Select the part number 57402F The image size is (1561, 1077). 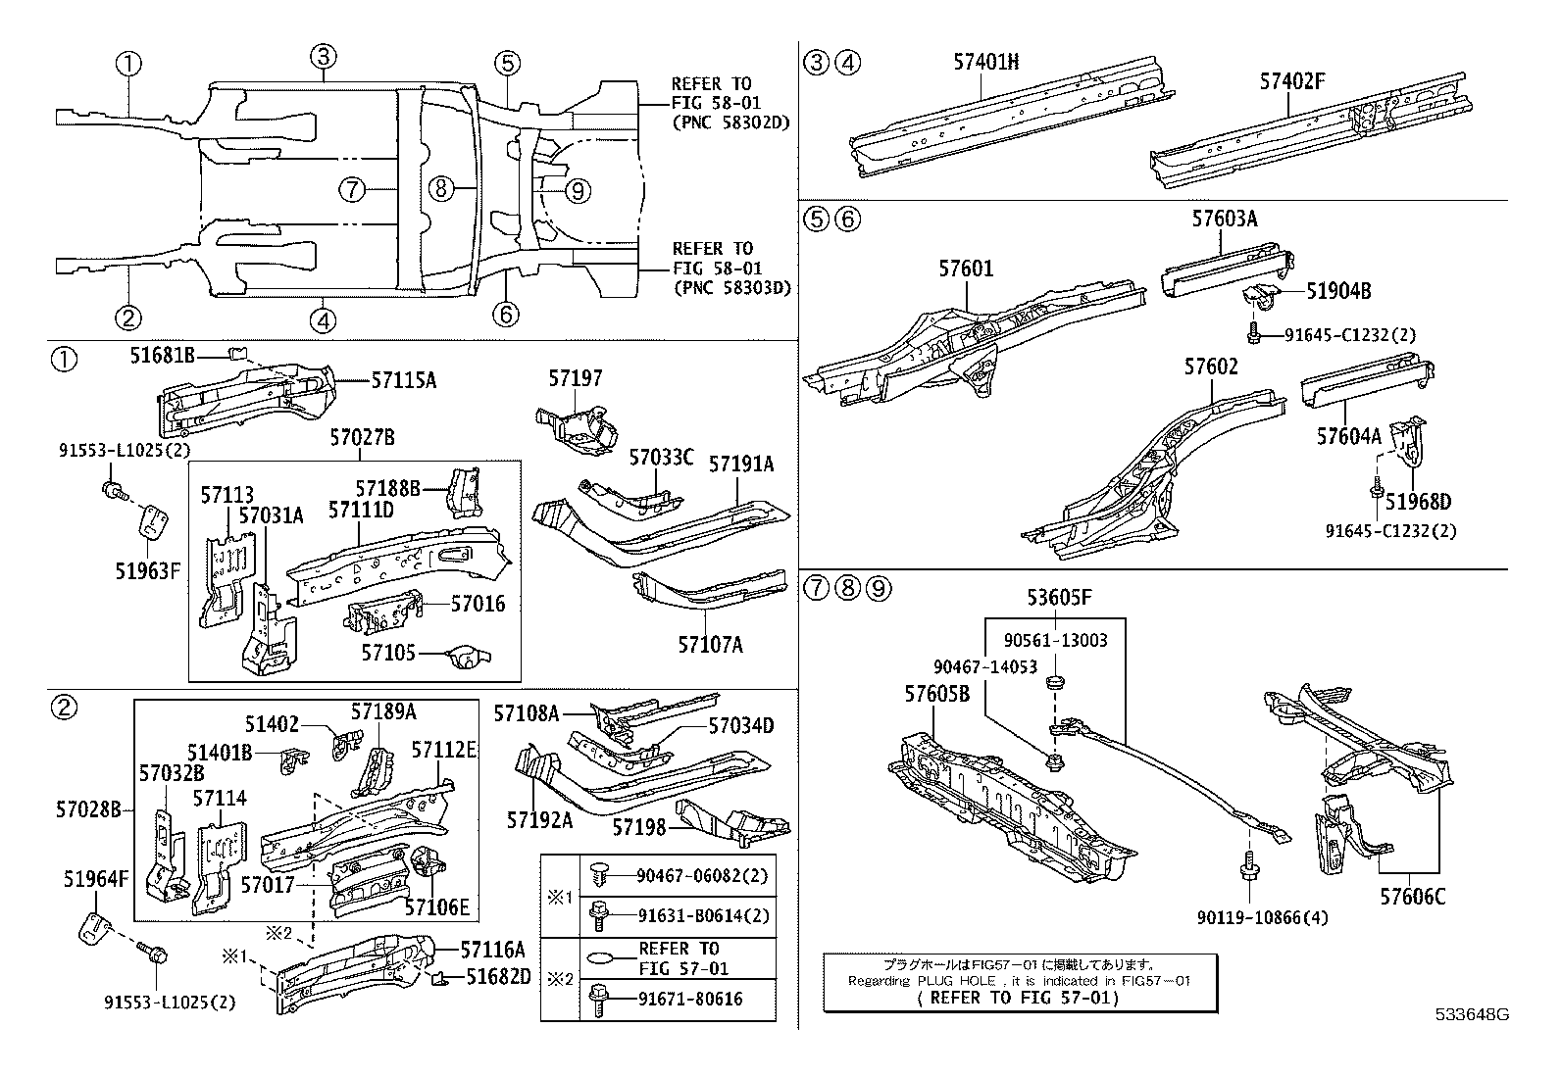(x=1292, y=81)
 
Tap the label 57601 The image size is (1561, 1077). (x=966, y=268)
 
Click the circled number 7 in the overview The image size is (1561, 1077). (x=353, y=189)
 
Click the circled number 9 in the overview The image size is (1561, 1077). (x=578, y=190)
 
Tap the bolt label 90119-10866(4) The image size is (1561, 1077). (x=1248, y=918)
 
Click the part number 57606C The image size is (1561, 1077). (x=1412, y=896)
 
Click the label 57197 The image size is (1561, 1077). (x=576, y=378)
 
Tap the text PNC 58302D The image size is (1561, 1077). (x=730, y=122)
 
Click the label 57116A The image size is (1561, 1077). (x=493, y=949)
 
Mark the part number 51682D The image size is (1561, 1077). (x=499, y=976)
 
